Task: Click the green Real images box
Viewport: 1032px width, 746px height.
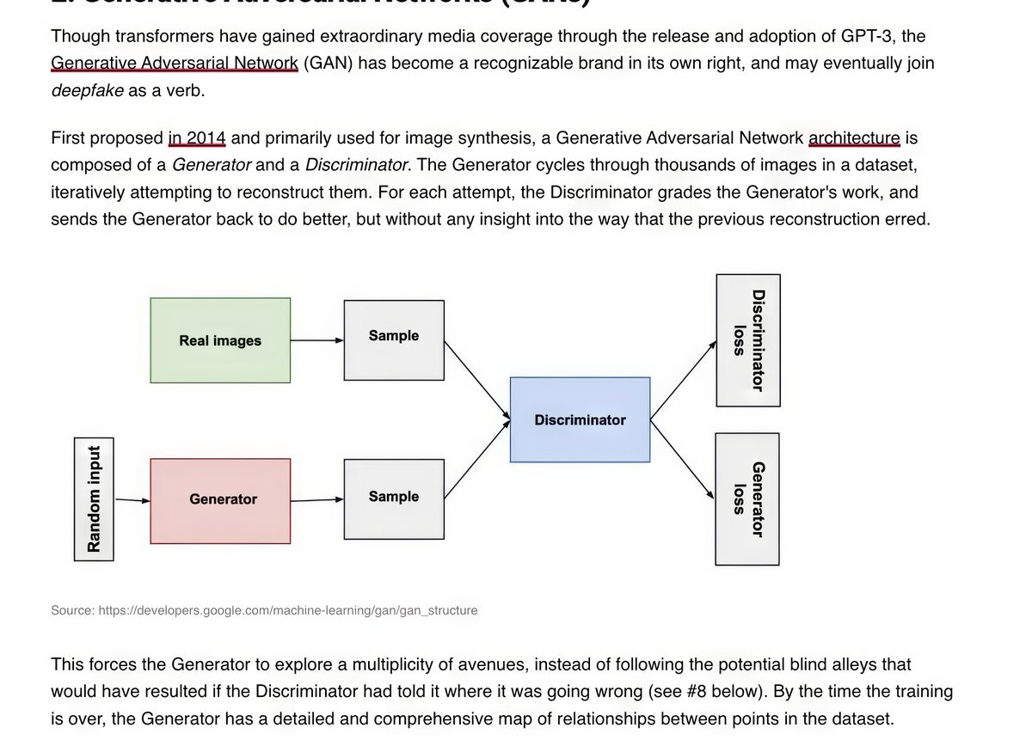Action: coord(220,340)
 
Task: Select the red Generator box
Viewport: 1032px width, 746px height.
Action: coord(220,500)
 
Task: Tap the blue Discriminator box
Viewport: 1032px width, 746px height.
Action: coord(580,419)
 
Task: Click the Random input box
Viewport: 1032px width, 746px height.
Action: coord(94,498)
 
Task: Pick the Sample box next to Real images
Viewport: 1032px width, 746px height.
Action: coord(394,339)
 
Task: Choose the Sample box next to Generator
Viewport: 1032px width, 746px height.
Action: coord(394,499)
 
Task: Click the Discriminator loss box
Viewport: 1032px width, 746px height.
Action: coord(748,340)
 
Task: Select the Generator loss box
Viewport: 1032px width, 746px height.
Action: coord(747,498)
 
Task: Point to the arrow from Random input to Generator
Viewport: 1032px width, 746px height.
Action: coord(132,499)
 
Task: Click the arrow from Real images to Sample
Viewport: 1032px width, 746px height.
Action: coord(316,340)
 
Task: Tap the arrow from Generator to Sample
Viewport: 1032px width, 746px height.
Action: coord(316,499)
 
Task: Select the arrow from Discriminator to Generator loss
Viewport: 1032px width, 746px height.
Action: coord(683,461)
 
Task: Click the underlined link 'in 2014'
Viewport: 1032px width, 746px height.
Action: coord(197,138)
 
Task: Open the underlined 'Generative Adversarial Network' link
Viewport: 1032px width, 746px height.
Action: coord(175,63)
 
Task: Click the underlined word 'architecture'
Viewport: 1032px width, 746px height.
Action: coord(854,138)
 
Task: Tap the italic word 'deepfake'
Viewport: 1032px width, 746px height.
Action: coord(87,90)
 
